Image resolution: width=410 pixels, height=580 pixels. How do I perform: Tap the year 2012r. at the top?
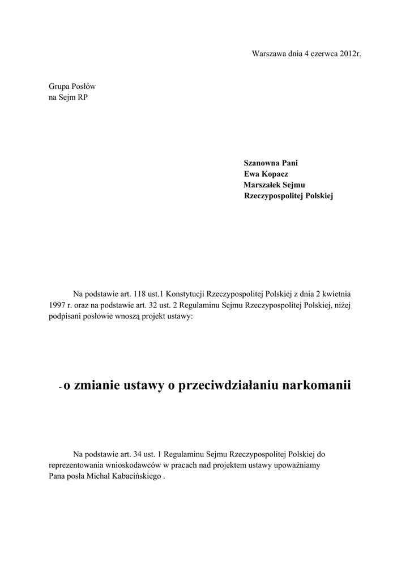click(350, 54)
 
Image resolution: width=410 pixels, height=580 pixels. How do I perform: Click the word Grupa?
click(59, 87)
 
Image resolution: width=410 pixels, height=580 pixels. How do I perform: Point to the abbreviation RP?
click(83, 97)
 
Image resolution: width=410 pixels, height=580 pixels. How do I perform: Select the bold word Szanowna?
click(262, 163)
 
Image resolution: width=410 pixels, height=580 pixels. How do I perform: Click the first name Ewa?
click(251, 174)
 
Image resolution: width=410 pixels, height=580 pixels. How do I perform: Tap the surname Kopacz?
click(275, 174)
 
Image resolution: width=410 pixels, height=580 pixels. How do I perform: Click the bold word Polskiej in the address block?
click(321, 196)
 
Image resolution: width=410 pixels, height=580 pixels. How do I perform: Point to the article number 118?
click(140, 294)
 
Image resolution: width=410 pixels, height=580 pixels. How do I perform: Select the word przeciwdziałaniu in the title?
click(225, 386)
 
